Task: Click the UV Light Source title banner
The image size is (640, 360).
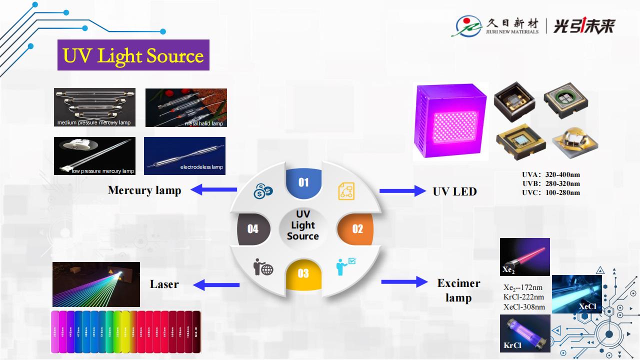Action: pos(133,55)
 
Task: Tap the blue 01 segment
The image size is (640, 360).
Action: pos(303,182)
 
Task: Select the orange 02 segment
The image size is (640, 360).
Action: pos(357,229)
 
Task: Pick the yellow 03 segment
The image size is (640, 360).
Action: pos(303,273)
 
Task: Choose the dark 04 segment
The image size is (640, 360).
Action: pos(253,229)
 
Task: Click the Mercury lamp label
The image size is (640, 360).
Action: pos(144,190)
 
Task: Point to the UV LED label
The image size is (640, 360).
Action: pos(454,191)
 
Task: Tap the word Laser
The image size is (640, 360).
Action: pos(164,284)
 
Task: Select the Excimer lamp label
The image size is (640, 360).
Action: pos(458,290)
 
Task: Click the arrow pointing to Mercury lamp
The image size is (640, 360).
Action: pos(213,189)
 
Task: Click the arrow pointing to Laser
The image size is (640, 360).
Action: pos(216,285)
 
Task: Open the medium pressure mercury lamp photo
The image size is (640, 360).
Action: pos(94,107)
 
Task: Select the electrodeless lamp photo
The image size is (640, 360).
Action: pos(184,156)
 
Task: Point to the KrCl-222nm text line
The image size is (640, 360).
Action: pos(523,297)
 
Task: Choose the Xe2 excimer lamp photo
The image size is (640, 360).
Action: pos(524,257)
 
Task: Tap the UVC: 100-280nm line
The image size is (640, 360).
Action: pos(551,193)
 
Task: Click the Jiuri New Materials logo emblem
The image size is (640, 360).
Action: pos(467,26)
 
